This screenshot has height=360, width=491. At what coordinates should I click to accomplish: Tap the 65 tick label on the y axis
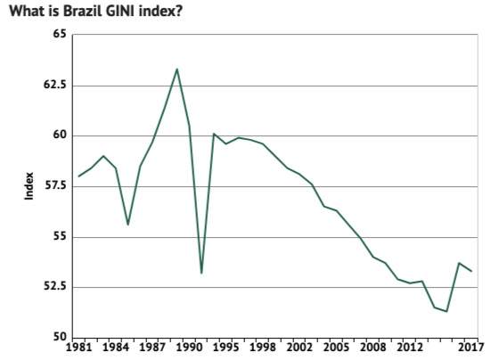(x=60, y=34)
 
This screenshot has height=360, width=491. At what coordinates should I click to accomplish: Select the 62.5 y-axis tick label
(x=55, y=85)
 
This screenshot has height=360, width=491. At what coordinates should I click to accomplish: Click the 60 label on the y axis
(x=60, y=135)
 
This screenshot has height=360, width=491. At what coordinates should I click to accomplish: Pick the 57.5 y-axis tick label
(x=55, y=186)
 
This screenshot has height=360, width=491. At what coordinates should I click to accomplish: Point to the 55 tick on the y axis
(x=60, y=237)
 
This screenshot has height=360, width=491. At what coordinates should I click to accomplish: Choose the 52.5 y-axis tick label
(x=55, y=287)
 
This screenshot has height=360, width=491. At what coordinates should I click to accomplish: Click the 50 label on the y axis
(x=60, y=338)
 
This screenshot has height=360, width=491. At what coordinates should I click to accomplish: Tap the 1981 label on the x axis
(x=79, y=348)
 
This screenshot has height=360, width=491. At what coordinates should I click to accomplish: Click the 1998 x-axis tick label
(x=263, y=348)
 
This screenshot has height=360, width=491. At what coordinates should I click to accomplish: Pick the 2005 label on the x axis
(x=336, y=348)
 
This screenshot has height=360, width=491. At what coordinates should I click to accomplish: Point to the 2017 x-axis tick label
(x=471, y=348)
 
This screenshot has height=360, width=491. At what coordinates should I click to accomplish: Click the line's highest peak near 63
(x=176, y=69)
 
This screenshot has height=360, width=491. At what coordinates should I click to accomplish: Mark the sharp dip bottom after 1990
(x=201, y=273)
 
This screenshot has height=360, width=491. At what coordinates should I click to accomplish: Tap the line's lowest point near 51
(x=446, y=312)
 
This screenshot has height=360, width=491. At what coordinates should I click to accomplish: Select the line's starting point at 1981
(x=78, y=176)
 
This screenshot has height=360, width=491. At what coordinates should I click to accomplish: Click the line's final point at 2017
(x=471, y=271)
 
